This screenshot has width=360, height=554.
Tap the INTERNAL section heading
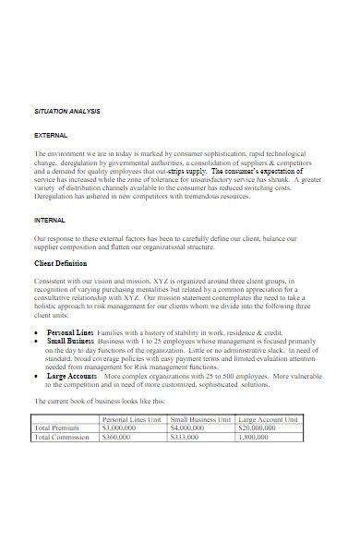point(50,221)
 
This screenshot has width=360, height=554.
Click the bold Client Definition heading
point(66,264)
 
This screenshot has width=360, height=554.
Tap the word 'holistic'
point(49,313)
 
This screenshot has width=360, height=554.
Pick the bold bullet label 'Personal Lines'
point(71,331)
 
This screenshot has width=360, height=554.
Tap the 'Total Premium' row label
point(56,428)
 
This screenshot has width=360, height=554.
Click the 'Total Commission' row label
point(62,438)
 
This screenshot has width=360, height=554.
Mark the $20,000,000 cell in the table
point(258,428)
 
